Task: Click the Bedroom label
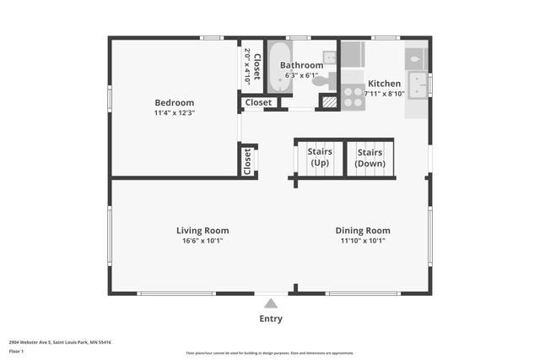click(x=174, y=103)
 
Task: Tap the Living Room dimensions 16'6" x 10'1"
click(x=202, y=241)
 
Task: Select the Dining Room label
click(x=363, y=230)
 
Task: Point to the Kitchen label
click(x=384, y=84)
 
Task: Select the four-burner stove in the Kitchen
click(x=352, y=96)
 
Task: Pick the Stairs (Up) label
click(x=320, y=157)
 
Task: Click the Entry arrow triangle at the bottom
click(x=270, y=303)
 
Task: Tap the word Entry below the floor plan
click(x=271, y=319)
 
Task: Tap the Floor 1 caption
click(x=16, y=351)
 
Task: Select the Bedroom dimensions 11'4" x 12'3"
click(x=174, y=113)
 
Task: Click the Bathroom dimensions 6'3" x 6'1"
click(x=301, y=74)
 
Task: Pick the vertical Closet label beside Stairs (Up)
click(x=247, y=161)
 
